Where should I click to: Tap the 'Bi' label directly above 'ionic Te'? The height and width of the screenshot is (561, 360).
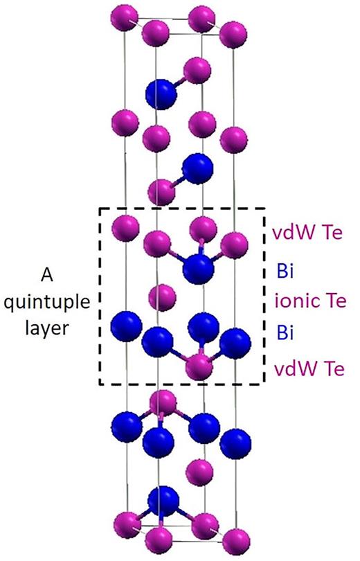(x=283, y=269)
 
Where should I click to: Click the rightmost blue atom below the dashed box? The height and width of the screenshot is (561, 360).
(x=236, y=441)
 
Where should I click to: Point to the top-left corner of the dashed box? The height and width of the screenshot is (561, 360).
(x=100, y=208)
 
